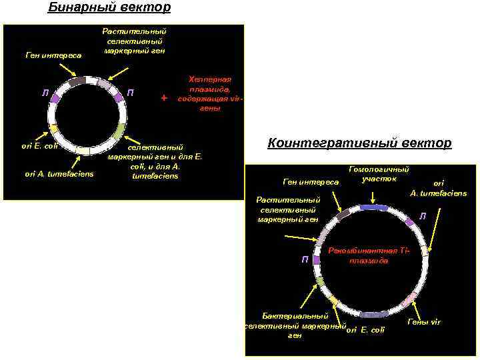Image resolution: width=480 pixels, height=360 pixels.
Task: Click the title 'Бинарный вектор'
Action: click(x=109, y=8)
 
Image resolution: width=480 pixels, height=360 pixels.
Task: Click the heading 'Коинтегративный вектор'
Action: click(x=359, y=143)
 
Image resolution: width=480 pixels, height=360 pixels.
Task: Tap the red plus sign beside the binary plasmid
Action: click(x=164, y=98)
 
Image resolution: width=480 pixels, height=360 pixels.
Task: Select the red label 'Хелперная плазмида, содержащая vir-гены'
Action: click(x=209, y=93)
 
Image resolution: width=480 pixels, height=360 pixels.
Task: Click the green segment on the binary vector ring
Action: click(x=119, y=129)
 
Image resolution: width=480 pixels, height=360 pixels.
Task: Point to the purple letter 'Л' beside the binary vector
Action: click(x=45, y=92)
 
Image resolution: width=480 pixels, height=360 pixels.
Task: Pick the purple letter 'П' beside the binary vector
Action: click(x=131, y=91)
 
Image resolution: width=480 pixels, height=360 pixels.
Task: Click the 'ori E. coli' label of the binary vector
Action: click(x=40, y=145)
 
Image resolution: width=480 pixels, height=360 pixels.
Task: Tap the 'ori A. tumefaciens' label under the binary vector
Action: click(x=59, y=174)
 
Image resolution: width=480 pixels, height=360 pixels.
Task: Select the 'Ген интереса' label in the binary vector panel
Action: click(x=53, y=55)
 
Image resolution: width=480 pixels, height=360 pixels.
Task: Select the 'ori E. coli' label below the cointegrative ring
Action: click(x=366, y=330)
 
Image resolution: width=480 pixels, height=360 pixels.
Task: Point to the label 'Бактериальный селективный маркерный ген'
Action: click(x=295, y=325)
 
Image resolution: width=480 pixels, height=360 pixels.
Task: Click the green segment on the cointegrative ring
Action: click(x=321, y=281)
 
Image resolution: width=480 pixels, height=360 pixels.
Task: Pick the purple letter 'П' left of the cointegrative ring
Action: click(x=304, y=259)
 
